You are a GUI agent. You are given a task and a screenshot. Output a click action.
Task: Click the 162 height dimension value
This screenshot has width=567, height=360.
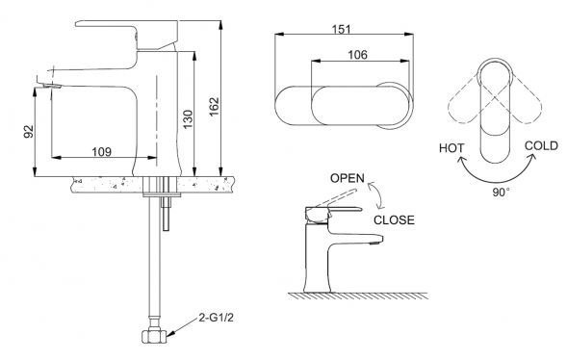coord(214,107)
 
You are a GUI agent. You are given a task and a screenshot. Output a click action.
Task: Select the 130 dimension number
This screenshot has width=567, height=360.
coord(188,119)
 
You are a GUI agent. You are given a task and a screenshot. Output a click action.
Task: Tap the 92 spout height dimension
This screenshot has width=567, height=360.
coord(28,131)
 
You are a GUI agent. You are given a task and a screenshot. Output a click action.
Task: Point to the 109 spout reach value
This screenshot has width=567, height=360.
coord(102,152)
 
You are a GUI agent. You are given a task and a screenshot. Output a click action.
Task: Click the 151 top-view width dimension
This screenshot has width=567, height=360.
coord(342,29)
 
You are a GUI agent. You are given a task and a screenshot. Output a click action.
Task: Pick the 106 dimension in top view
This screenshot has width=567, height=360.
coord(357,55)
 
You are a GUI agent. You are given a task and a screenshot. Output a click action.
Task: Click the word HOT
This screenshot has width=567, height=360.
coord(451,148)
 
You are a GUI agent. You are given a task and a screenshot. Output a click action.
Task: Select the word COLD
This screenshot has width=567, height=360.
coord(541,146)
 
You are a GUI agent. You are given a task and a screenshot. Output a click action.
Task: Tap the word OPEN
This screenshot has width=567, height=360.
coord(348,178)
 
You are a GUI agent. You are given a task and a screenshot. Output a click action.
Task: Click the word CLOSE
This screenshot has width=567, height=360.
coord(394,220)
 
